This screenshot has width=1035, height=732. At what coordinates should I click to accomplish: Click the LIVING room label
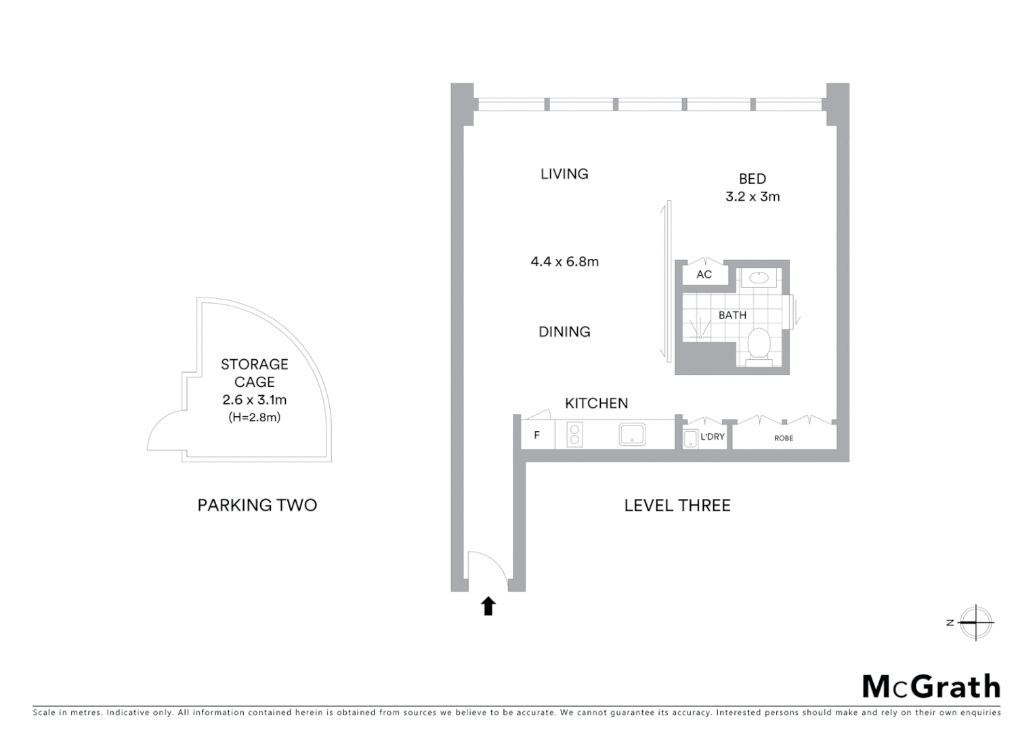(x=564, y=174)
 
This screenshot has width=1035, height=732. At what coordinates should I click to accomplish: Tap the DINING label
(x=564, y=332)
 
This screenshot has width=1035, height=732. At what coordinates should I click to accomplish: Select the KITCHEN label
(x=596, y=403)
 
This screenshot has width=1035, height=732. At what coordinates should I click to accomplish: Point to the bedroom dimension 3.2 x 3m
(x=753, y=197)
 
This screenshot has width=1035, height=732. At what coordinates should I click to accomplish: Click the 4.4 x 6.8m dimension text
(x=564, y=262)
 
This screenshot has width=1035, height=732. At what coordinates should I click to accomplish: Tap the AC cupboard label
(x=704, y=274)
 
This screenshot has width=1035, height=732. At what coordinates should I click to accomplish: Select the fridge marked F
(x=537, y=435)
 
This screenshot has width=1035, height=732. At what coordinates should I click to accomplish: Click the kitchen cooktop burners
(x=574, y=434)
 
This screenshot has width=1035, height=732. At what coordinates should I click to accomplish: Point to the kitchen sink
(x=631, y=434)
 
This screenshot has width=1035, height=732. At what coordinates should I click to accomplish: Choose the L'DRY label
(x=712, y=437)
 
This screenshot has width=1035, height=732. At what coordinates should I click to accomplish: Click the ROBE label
(x=784, y=439)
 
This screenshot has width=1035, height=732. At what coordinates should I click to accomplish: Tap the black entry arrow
(x=488, y=605)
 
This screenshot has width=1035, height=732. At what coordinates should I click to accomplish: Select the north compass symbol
(x=975, y=622)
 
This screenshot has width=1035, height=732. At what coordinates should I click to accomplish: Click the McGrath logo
(x=931, y=687)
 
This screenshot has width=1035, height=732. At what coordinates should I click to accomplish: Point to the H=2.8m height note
(x=255, y=418)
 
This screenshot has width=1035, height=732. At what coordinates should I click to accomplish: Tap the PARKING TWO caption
(x=257, y=505)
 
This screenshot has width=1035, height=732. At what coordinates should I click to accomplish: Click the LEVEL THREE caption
(x=677, y=506)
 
